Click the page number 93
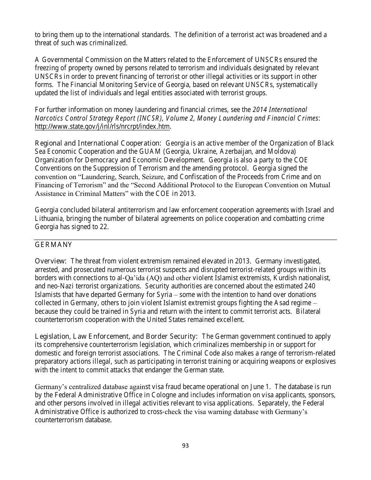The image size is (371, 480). pyautogui.click(x=185, y=445)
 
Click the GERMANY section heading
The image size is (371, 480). pyautogui.click(x=54, y=245)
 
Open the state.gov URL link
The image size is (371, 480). pyautogui.click(x=102, y=126)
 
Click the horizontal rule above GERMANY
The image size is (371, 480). pyautogui.click(x=185, y=240)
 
